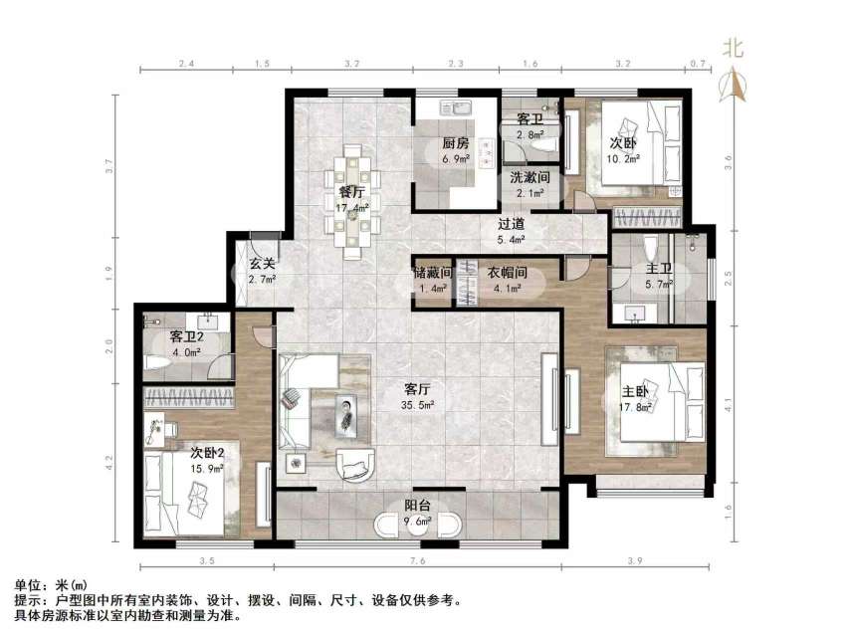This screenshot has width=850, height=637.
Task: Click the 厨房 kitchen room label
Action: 456,143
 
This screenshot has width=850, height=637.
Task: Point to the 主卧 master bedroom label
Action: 636,391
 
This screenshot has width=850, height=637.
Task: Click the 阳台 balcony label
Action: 416,505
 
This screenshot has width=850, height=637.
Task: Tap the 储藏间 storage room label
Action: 433,272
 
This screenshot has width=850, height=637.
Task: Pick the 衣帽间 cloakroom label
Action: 506,272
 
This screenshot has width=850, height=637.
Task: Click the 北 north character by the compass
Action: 734,47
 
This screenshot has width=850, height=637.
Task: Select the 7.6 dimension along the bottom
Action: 417,562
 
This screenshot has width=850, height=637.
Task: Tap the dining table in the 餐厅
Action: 350,199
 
